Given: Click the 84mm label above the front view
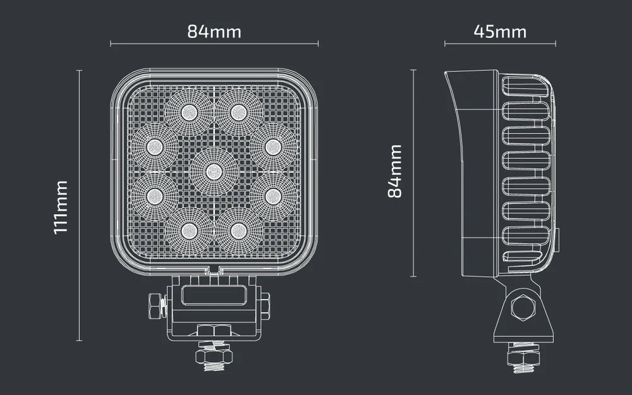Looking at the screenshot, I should tap(214, 31).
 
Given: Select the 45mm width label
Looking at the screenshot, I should tap(499, 31).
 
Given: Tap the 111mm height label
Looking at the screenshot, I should tap(61, 207).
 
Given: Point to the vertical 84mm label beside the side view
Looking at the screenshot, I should tap(395, 171).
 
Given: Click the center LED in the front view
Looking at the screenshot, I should tap(214, 171).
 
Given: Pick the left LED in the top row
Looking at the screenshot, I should tap(188, 112).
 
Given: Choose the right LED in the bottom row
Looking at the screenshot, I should tap(238, 229).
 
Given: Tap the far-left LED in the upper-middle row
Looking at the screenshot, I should tap(154, 147).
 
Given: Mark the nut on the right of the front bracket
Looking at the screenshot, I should tap(265, 306).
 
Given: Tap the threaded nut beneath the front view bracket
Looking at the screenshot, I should tap(214, 356).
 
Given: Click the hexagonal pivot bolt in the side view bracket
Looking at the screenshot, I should tap(523, 308).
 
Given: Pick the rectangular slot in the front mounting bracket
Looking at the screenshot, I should tap(214, 295).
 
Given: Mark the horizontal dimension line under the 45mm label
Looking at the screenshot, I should tap(499, 44).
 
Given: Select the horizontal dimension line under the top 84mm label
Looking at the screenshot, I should tap(214, 44).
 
